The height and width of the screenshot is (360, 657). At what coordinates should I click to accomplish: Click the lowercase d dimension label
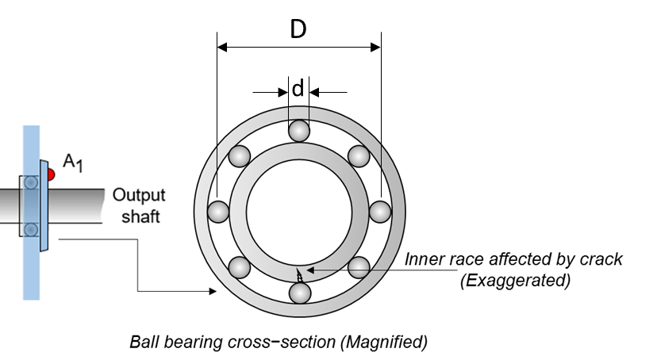[x=298, y=90]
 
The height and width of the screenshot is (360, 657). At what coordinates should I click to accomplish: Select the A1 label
[x=72, y=163]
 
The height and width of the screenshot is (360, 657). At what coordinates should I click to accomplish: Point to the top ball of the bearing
[x=298, y=130]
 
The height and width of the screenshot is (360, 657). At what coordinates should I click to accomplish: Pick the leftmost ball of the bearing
[x=217, y=212]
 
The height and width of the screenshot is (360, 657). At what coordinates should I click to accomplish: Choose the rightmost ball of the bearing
[x=380, y=212]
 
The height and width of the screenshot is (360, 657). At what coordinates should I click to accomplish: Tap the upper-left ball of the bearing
[x=240, y=155]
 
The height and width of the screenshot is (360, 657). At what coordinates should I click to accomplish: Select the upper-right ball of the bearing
[x=359, y=155]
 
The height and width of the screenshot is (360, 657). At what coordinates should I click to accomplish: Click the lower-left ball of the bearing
[x=240, y=266]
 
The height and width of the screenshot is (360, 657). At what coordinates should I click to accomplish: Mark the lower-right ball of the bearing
[x=359, y=266]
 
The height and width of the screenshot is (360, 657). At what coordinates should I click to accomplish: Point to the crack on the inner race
[x=299, y=275]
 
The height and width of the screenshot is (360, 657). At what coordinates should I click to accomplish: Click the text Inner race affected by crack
[x=513, y=259]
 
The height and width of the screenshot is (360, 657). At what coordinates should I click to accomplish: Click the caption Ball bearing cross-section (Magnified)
[x=279, y=343]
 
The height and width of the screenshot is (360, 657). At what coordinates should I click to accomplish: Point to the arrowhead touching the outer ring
[x=213, y=292]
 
